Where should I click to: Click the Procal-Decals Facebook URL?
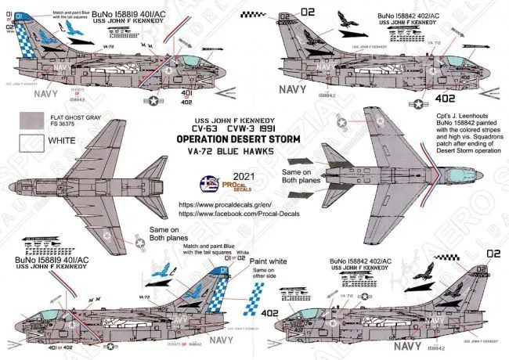[255, 211]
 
